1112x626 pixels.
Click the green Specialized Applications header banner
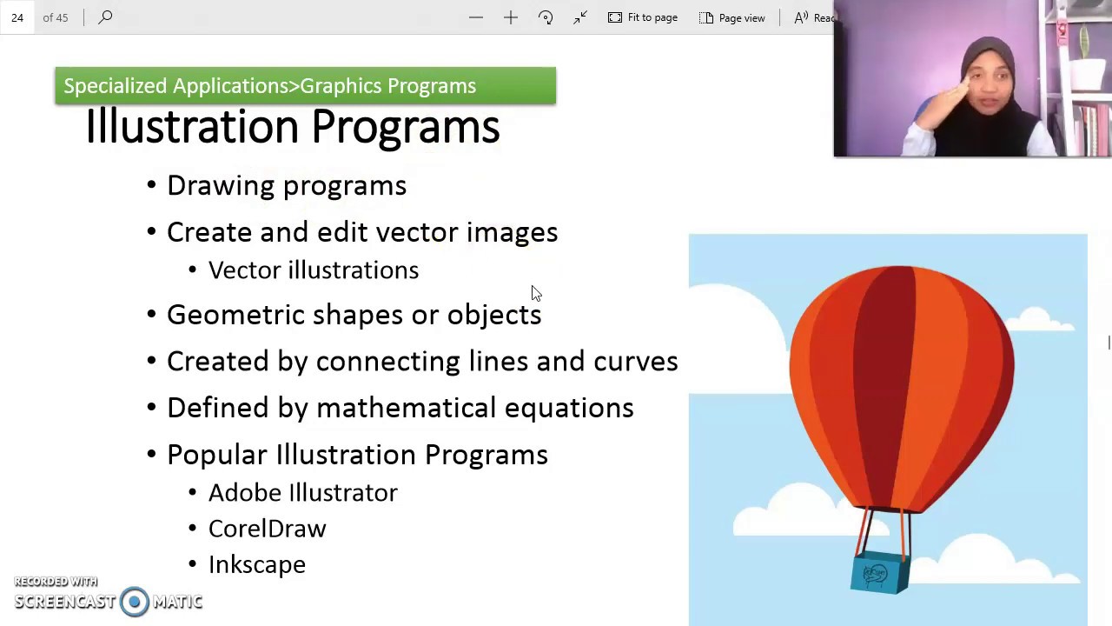304,86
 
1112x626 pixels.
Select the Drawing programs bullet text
286,185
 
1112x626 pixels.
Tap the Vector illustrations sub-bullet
313,270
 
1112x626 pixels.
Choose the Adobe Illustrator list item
302,493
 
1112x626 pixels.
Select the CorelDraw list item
267,529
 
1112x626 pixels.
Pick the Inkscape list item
256,565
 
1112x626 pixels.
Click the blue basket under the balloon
879,573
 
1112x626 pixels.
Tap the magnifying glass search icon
105,17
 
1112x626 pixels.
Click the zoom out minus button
476,17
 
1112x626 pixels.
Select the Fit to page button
643,17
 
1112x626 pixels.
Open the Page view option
732,17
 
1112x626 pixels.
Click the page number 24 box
17,17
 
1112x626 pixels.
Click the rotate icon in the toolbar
546,17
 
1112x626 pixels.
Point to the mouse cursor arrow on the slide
535,293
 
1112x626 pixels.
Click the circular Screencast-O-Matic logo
135,602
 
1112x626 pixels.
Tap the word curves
635,362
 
